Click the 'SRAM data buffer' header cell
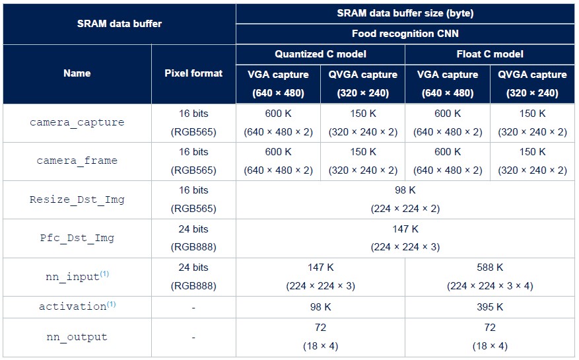click(x=119, y=24)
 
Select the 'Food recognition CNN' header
click(x=405, y=34)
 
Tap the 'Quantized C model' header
click(x=320, y=54)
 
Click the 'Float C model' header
click(x=489, y=54)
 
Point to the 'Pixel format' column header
click(x=193, y=73)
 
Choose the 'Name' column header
click(x=77, y=73)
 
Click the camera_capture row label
click(x=77, y=123)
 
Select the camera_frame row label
click(x=77, y=161)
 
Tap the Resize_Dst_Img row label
click(x=77, y=199)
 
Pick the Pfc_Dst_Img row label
click(x=77, y=238)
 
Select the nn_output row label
click(x=77, y=337)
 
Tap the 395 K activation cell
click(x=489, y=307)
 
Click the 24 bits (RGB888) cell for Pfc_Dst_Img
click(x=193, y=238)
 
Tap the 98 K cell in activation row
click(x=320, y=307)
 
